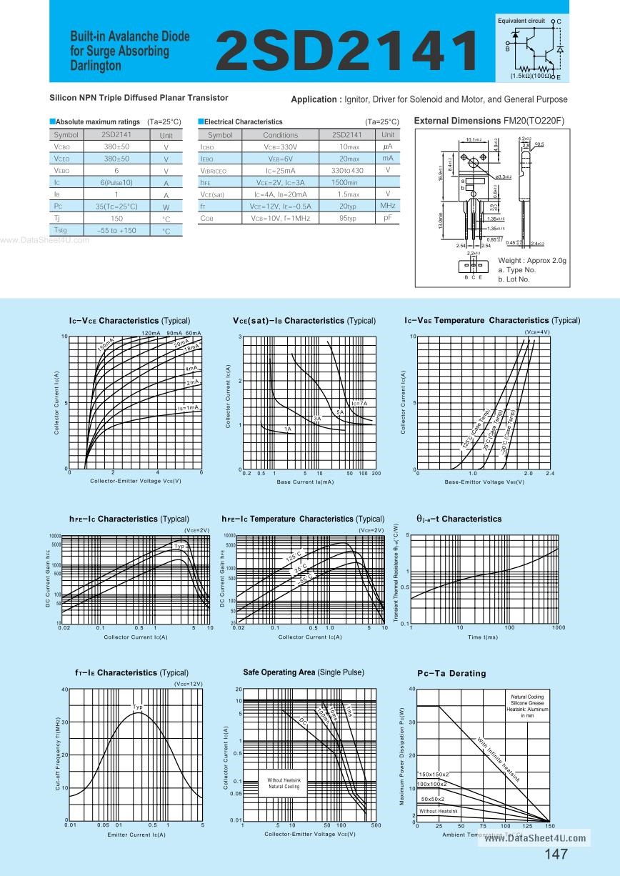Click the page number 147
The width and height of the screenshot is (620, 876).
[556, 855]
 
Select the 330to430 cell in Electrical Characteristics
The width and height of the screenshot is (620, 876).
[347, 171]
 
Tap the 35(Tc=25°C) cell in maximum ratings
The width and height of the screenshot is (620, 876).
[116, 206]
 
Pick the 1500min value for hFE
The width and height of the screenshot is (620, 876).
[347, 182]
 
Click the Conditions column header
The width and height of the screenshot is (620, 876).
[280, 134]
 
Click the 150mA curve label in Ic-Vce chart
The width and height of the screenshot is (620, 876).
[105, 345]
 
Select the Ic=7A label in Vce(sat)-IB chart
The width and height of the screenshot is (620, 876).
[358, 404]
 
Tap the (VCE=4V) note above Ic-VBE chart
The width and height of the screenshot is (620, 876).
[536, 332]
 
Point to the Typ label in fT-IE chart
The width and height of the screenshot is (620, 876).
[138, 707]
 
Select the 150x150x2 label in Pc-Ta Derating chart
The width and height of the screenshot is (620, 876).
[434, 775]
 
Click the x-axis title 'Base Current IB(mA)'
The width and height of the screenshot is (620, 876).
[305, 482]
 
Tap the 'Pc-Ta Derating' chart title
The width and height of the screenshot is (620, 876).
[451, 673]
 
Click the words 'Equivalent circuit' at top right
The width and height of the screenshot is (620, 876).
[521, 21]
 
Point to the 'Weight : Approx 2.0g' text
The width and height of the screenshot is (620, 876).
[531, 261]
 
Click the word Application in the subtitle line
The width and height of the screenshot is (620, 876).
[314, 99]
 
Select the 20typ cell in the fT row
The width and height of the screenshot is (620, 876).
[348, 206]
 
